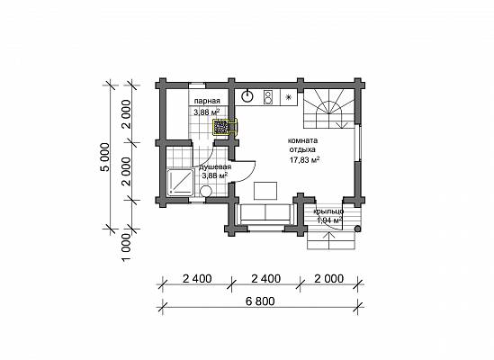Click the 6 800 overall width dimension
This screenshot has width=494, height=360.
tap(260, 301)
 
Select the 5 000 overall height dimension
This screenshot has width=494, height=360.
tap(105, 157)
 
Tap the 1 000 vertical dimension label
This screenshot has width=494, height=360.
tap(126, 247)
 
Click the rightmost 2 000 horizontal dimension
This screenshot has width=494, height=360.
tap(329, 279)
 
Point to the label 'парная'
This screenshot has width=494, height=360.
tap(207, 101)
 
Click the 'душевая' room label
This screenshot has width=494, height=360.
tap(215, 167)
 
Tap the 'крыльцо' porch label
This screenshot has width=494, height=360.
tap(328, 211)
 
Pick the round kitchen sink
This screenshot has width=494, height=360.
tap(248, 97)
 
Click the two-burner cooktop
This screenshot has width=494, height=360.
tap(268, 97)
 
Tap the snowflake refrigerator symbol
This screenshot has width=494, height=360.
tap(288, 97)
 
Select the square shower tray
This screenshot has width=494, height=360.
tap(181, 182)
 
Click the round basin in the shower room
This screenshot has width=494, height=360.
tap(206, 191)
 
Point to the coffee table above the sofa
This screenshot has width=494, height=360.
tap(265, 191)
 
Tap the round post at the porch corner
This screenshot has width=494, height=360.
tap(357, 229)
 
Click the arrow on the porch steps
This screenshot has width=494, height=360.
tap(330, 240)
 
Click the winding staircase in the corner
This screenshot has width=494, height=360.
tap(329, 108)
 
